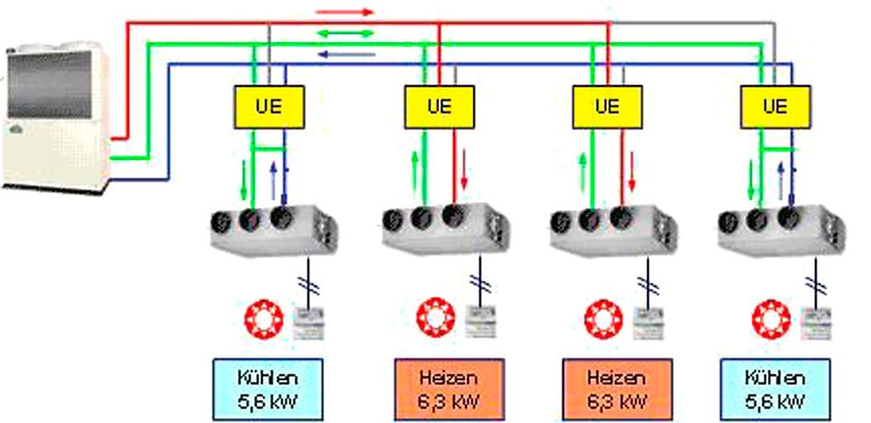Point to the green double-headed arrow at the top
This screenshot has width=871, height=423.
[x=344, y=33]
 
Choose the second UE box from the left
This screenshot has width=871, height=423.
[x=438, y=107]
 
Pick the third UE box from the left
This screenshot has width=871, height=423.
[x=606, y=107]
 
